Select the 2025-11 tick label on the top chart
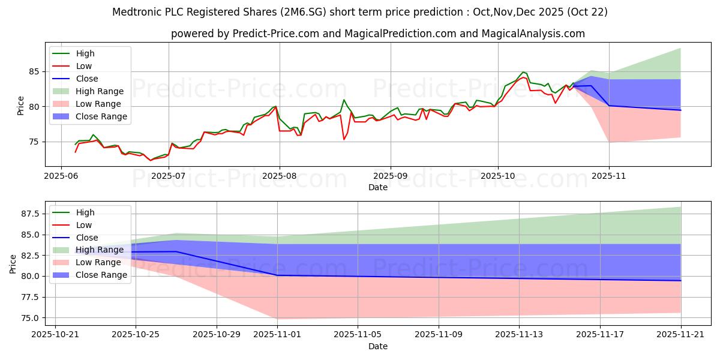click(x=609, y=176)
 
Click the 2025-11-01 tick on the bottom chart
click(x=277, y=335)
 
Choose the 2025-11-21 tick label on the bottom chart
click(x=681, y=335)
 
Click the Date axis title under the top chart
click(x=378, y=187)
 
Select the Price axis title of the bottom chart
click(x=13, y=263)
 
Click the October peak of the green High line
click(x=523, y=72)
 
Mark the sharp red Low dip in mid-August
click(x=344, y=139)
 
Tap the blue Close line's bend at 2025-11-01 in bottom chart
click(x=277, y=275)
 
